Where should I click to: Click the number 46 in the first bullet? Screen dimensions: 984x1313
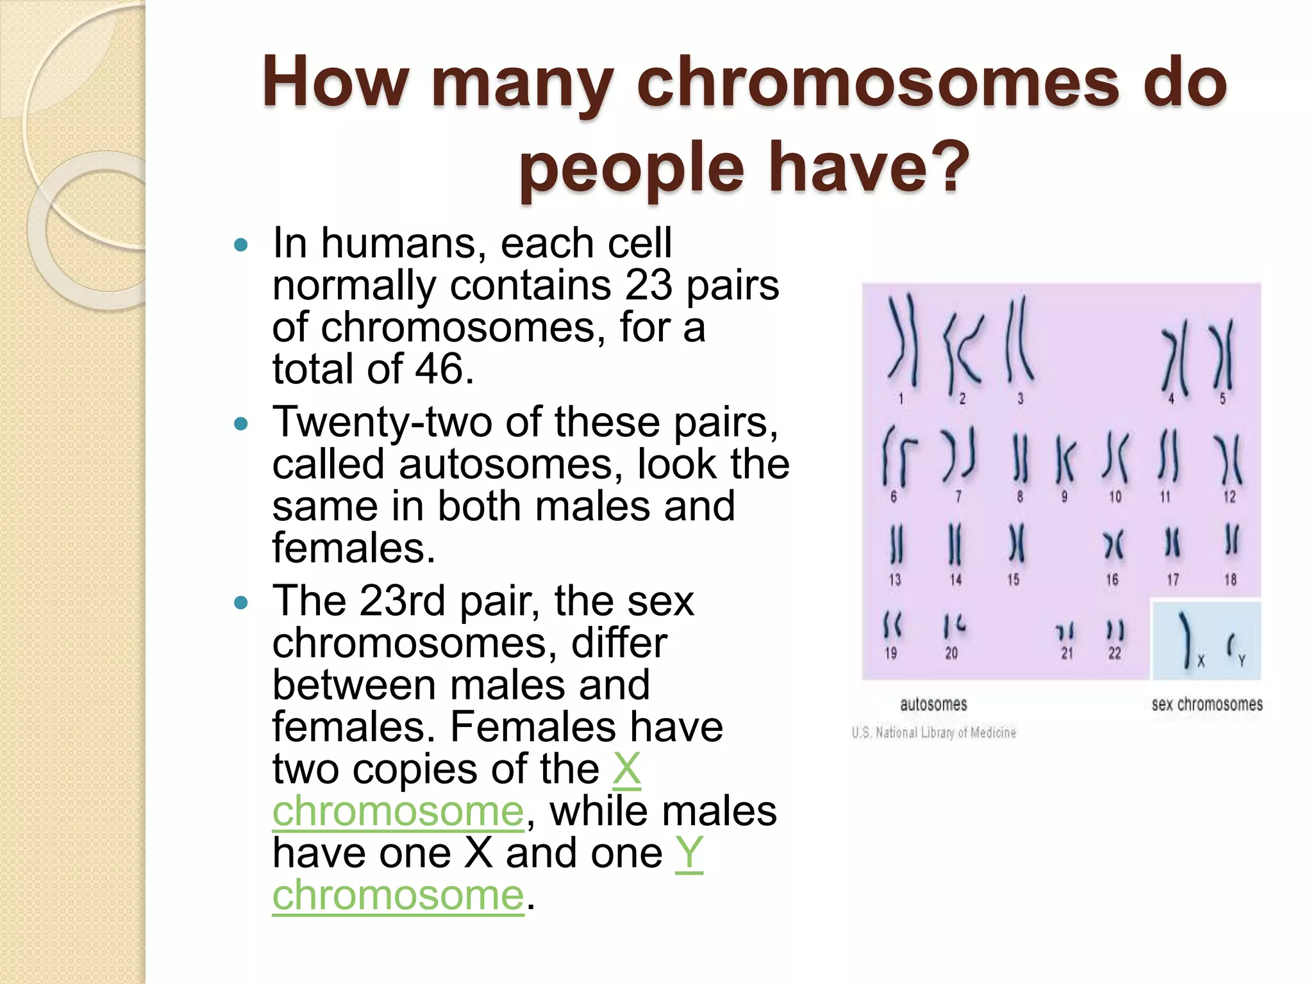click(439, 369)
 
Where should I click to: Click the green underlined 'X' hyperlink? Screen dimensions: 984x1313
click(626, 769)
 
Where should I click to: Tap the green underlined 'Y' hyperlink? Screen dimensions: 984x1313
click(689, 853)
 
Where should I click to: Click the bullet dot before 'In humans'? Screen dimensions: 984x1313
click(241, 245)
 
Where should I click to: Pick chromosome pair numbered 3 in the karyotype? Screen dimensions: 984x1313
click(1017, 340)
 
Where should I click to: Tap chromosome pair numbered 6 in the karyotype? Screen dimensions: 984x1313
click(895, 456)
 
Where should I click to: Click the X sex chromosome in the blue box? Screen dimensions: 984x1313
click(1187, 637)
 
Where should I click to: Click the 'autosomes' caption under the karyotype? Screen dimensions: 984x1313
click(933, 705)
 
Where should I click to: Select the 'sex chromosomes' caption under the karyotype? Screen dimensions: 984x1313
click(1207, 705)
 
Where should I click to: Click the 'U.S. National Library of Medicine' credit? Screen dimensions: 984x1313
click(933, 732)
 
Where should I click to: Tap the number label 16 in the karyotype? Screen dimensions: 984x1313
click(1112, 580)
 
